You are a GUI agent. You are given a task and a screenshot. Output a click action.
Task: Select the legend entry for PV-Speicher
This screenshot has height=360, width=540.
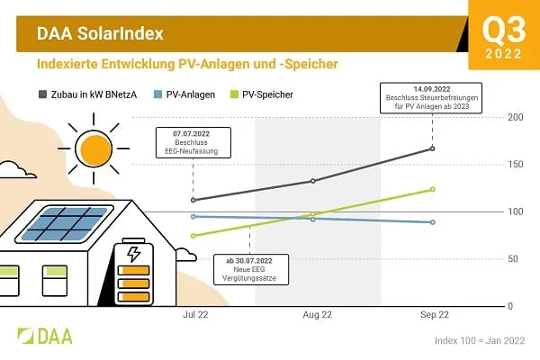(270, 94)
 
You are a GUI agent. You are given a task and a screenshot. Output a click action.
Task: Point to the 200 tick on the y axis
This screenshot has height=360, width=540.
(515, 118)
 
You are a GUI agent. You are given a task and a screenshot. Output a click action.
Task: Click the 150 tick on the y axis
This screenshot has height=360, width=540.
(515, 165)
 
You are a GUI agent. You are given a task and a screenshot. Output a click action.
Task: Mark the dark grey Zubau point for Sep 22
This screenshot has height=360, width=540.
(433, 148)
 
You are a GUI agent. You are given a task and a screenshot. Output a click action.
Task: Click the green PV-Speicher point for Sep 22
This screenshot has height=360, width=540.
(433, 189)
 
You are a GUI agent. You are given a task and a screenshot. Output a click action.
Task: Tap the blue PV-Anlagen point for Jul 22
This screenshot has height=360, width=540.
(193, 216)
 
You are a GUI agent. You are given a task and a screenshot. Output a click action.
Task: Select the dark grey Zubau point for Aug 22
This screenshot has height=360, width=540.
(313, 181)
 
